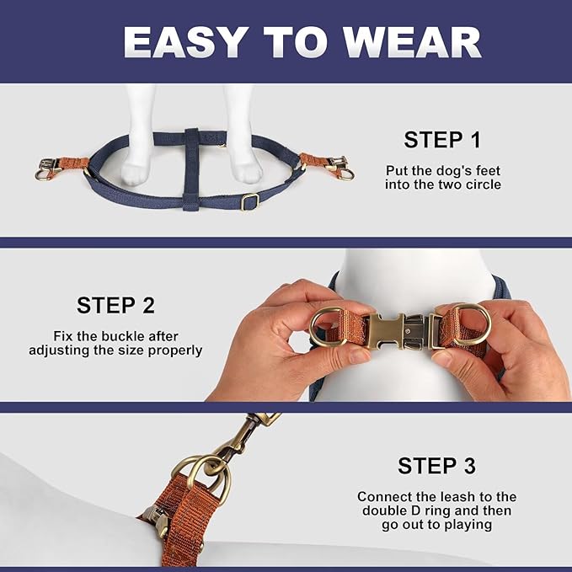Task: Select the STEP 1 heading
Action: point(441,140)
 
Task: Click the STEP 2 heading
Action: point(115,305)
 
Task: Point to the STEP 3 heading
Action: point(436,466)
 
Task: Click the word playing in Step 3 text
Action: point(462,525)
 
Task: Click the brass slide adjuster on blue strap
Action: point(249,202)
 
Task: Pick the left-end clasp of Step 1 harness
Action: point(45,168)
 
